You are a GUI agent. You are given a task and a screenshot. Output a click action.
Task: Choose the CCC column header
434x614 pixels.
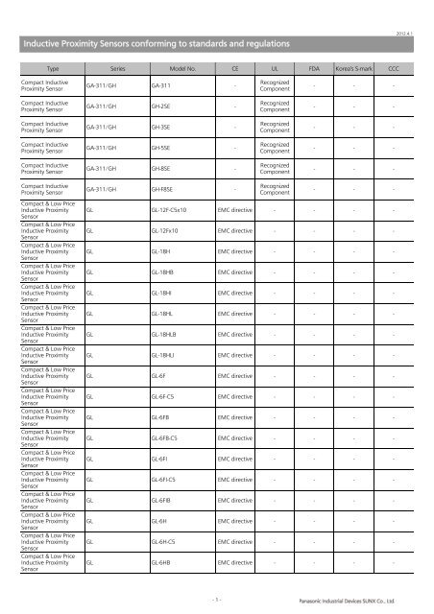(394, 70)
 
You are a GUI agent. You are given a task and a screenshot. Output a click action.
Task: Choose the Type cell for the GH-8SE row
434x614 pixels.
(47, 168)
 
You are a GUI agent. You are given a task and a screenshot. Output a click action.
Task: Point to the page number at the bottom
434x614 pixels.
(217, 600)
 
